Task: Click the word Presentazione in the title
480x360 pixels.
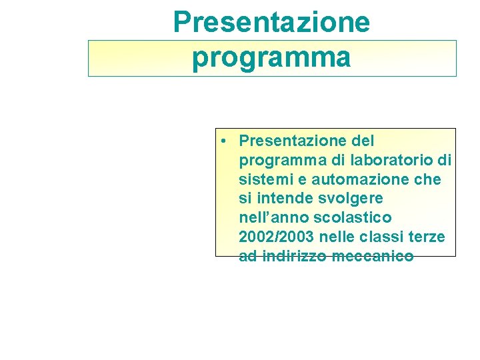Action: click(271, 22)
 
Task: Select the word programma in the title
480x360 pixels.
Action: click(271, 57)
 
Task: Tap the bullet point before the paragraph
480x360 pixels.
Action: click(227, 141)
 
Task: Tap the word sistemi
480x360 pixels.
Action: click(263, 179)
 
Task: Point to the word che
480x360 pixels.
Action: click(427, 179)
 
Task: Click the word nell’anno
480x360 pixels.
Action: click(271, 218)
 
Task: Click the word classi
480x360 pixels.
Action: click(382, 237)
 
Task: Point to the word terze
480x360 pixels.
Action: click(427, 237)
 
